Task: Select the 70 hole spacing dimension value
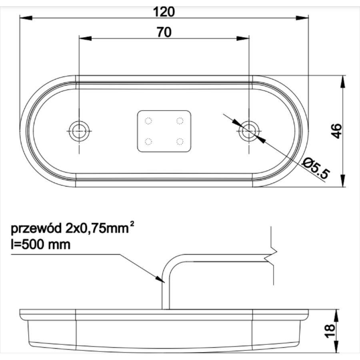(164, 32)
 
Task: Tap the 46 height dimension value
(337, 131)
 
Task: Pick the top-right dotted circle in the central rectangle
(180, 120)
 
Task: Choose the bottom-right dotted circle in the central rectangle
(180, 141)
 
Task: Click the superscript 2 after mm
(132, 225)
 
